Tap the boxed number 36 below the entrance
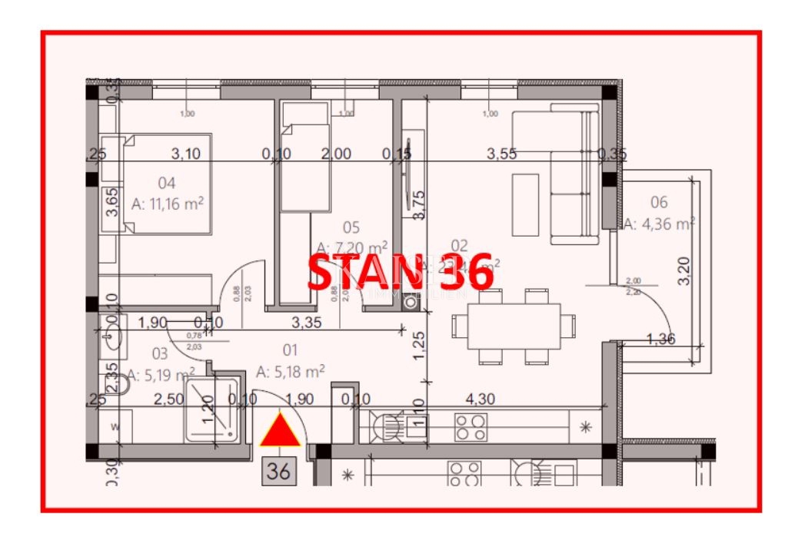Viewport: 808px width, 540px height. point(278,469)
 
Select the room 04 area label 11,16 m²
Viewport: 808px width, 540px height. point(168,204)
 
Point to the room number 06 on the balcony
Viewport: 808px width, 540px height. point(659,203)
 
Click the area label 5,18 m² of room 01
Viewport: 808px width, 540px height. point(290,372)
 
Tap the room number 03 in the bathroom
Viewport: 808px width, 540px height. point(160,353)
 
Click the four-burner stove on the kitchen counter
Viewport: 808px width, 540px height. point(470,427)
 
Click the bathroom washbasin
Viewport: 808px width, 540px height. point(112,336)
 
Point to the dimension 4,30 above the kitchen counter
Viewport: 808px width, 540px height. point(480,399)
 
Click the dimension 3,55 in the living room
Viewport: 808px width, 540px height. point(502,154)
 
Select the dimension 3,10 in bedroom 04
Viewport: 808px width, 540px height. point(185,154)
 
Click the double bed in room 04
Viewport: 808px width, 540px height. point(167,183)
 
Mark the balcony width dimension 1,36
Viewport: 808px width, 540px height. point(661,339)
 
